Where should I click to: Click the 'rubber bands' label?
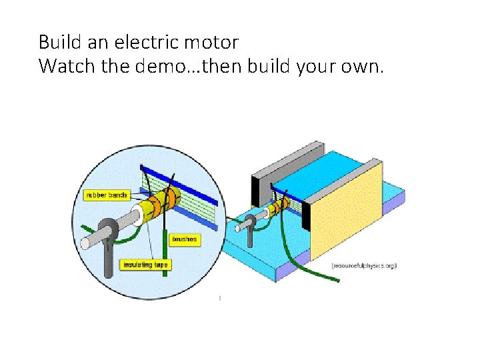click(105, 195)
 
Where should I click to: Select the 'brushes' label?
click(185, 238)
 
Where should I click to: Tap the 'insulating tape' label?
click(145, 265)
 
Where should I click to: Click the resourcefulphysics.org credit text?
click(364, 265)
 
